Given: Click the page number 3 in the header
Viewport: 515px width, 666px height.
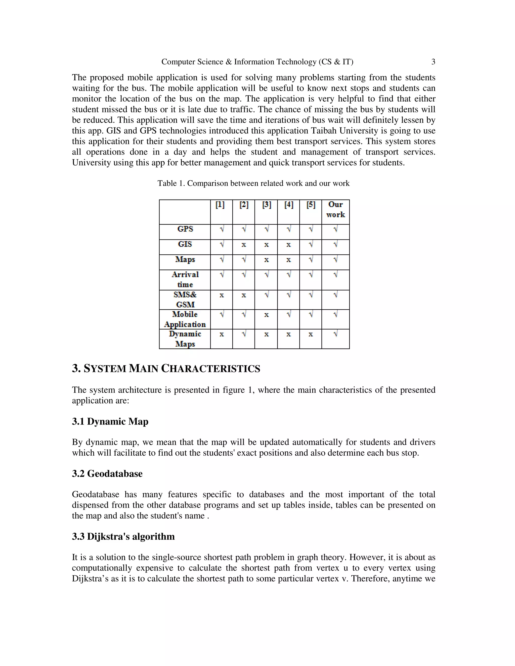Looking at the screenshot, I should pos(433,62).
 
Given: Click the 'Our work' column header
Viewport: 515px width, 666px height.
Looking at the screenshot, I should pos(335,210).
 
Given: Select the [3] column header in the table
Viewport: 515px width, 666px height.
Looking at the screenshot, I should pos(266,205).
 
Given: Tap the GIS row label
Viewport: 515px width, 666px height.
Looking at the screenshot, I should pos(185,244).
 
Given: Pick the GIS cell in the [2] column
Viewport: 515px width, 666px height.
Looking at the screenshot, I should pos(243,245).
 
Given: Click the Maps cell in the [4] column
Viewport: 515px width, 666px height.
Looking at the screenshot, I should pos(288,260).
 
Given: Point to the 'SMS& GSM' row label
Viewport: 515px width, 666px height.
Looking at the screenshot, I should pos(185,300).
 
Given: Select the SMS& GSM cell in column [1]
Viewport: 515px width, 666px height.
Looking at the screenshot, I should pos(222,295).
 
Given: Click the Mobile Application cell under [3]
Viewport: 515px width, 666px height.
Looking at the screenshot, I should pos(266,315).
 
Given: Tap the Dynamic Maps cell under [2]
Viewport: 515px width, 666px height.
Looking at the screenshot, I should pos(244,334).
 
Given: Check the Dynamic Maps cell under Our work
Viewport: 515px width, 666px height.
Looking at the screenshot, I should pos(335,334).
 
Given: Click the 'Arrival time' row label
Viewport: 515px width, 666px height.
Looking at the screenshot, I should pos(185,279).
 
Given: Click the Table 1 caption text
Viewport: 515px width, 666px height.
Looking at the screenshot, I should pos(253,183).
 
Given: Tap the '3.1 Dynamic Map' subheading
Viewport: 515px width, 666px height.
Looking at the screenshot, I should pos(110,421).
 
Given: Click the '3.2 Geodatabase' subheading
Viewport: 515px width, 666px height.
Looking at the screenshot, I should pos(107,473).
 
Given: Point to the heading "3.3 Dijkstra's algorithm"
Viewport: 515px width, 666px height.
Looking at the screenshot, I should pos(123,536).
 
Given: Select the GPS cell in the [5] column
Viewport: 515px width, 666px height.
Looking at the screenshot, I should pos(311,229).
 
